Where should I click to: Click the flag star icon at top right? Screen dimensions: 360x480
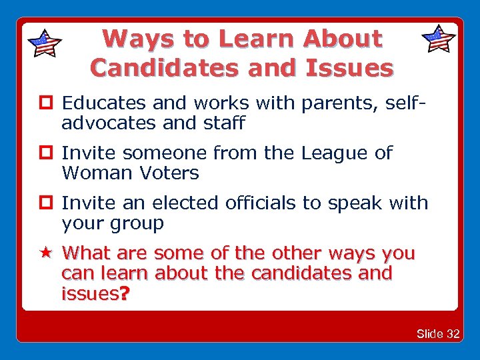pyautogui.click(x=439, y=39)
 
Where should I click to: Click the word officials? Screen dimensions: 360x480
pyautogui.click(x=256, y=203)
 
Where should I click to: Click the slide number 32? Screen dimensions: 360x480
pyautogui.click(x=452, y=333)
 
